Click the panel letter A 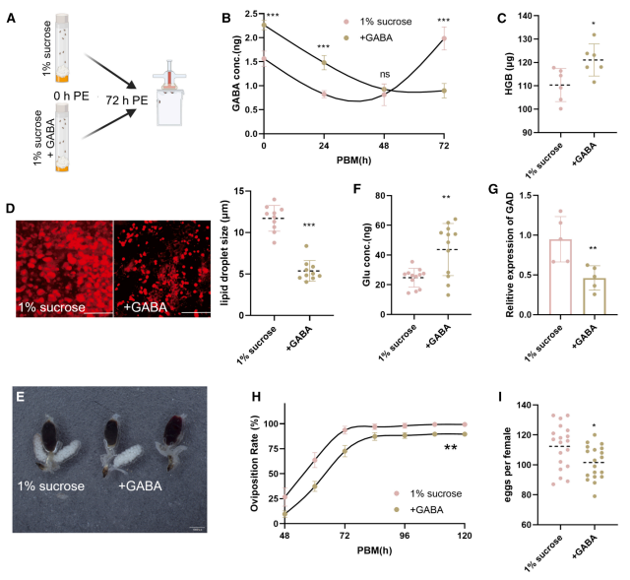[10, 15]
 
